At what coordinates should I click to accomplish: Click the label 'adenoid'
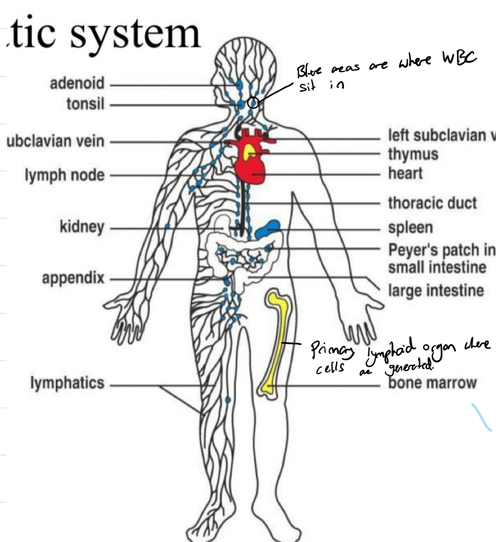[x=77, y=83]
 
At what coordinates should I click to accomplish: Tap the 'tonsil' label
[x=85, y=104]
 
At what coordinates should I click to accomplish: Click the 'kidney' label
[x=82, y=227]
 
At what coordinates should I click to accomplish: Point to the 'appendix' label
[x=73, y=278]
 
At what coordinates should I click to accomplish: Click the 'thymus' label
[x=413, y=154]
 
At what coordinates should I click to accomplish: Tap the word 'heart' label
[x=405, y=173]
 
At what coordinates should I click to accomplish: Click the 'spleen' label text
[x=410, y=228]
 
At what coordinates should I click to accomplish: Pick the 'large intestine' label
[x=436, y=291]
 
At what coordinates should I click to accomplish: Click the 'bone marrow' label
[x=432, y=383]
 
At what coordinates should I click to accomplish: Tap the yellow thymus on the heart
[x=249, y=150]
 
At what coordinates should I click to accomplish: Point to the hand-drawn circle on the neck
[x=253, y=102]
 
